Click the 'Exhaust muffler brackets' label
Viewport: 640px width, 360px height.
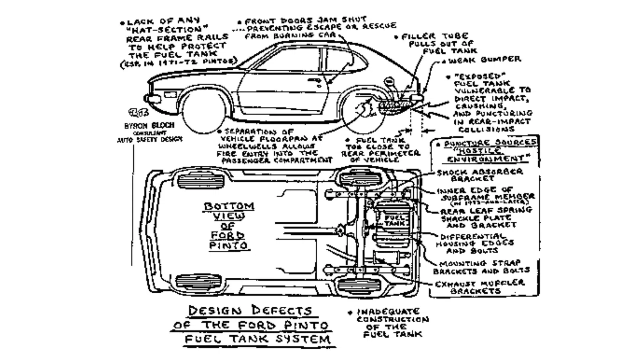pos(479,287)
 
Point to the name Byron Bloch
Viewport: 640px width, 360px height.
pos(149,125)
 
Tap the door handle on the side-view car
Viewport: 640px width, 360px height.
pos(315,81)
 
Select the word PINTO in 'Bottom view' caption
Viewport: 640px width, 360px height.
pos(229,246)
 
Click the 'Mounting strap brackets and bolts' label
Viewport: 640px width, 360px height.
pos(481,267)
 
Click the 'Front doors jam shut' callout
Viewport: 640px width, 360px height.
pos(316,28)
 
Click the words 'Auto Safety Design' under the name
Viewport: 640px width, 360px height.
pos(149,140)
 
